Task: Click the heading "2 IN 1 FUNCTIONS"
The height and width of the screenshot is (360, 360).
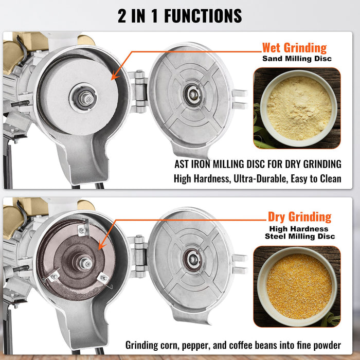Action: pos(180,15)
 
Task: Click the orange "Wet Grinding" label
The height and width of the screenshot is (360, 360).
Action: pos(294,48)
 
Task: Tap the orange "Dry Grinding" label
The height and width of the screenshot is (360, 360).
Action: pos(299,217)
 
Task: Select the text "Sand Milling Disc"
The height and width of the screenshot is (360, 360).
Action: pos(297,59)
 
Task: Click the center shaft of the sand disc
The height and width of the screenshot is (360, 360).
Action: pos(83,97)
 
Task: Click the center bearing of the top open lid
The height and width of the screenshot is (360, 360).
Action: pos(193,95)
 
